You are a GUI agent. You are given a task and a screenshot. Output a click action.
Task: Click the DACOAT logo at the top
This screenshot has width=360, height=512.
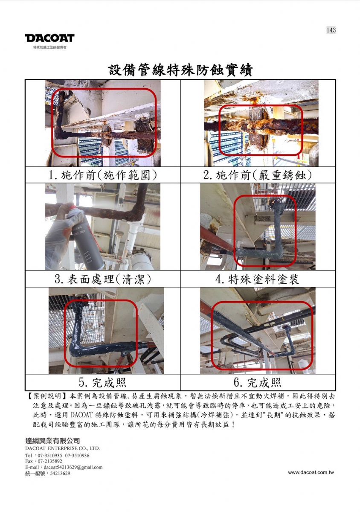point(50,38)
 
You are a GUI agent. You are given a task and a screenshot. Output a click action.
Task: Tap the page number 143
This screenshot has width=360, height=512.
point(331,30)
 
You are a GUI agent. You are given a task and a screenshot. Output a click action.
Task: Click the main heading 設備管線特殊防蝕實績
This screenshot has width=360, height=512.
point(180,70)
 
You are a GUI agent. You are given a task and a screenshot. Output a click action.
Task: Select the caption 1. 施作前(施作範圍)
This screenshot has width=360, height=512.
point(103,175)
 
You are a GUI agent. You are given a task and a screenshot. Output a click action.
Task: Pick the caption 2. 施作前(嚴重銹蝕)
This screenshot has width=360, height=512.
point(258,175)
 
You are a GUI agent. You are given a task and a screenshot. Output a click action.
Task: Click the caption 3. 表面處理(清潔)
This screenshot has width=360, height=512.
point(103,279)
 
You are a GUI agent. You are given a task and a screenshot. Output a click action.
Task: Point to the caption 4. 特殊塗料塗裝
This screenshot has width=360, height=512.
point(257,279)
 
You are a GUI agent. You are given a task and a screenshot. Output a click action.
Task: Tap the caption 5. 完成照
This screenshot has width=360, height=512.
point(103,382)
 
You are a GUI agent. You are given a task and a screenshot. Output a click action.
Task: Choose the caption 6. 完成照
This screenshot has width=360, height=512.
point(258,382)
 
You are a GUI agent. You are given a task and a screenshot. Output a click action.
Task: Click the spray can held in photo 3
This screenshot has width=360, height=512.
point(86,238)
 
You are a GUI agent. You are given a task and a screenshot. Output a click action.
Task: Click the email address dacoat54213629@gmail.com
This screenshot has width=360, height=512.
point(73,467)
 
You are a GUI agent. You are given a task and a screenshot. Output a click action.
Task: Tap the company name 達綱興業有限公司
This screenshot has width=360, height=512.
point(52,441)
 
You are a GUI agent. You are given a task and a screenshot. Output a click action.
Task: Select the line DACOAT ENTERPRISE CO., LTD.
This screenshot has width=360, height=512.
point(63,448)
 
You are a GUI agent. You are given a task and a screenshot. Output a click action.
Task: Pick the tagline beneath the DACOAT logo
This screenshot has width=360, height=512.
point(50,47)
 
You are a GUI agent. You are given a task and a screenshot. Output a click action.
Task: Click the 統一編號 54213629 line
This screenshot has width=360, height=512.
point(48,473)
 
